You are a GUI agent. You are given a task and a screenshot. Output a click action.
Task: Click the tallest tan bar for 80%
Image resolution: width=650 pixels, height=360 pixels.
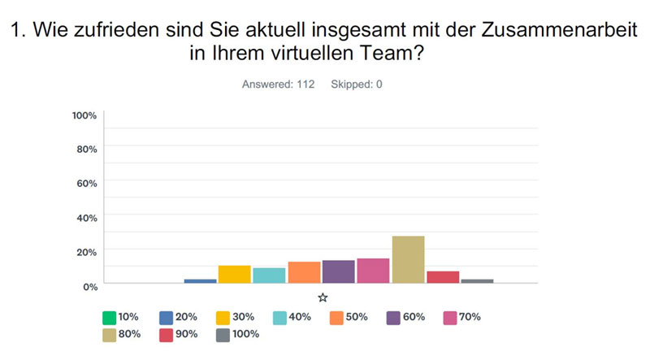coord(408,259)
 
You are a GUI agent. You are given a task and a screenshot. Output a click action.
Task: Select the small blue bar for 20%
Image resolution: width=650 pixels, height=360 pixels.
coord(200,280)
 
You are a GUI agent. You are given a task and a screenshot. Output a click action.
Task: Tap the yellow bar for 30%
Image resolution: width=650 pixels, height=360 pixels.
coord(234,274)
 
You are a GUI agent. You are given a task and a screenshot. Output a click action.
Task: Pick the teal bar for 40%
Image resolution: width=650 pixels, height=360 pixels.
coord(269,275)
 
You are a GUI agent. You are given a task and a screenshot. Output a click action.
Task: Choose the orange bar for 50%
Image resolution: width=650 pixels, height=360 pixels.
coord(304,272)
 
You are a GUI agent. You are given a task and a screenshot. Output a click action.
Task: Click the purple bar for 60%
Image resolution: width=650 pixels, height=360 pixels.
coord(338,271)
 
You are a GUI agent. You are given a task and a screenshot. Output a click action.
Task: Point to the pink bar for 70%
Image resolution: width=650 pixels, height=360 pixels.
coord(373,271)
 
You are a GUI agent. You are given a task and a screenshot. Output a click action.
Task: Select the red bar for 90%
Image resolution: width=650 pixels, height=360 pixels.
coord(443,276)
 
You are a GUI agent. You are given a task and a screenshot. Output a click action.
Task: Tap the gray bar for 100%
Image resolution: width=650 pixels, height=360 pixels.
coord(477,280)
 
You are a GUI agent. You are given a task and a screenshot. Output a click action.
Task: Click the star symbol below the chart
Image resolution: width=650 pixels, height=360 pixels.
coord(323,297)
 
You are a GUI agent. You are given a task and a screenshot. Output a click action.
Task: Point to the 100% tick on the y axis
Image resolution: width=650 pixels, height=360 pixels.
coord(84,115)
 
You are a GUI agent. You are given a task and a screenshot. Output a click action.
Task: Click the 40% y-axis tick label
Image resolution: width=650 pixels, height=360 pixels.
coord(87,217)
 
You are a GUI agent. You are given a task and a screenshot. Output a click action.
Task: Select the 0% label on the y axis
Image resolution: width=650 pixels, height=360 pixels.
coord(89,285)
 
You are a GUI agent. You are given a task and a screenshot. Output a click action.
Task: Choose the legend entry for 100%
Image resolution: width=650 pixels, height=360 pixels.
coord(237,333)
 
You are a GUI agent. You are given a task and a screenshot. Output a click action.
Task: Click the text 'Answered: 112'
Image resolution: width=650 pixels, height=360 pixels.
coord(279,84)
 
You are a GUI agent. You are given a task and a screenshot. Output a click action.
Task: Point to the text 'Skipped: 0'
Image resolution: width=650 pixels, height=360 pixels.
coord(356,84)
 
